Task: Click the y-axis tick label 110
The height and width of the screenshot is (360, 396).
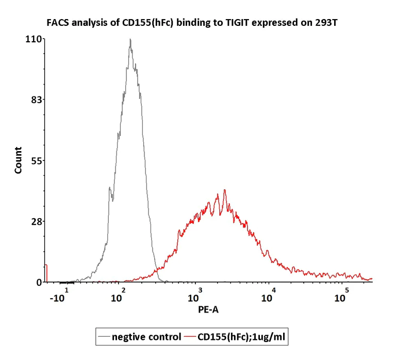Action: pos(35,39)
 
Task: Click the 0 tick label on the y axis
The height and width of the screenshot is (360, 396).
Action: pos(39,282)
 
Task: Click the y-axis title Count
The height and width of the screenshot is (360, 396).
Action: pos(19,160)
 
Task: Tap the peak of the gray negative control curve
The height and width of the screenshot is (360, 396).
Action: pos(130,40)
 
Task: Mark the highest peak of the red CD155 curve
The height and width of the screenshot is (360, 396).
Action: pos(225,190)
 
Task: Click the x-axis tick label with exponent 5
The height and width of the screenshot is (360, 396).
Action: pos(341,297)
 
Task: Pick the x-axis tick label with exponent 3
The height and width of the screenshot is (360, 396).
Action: pos(194,297)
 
